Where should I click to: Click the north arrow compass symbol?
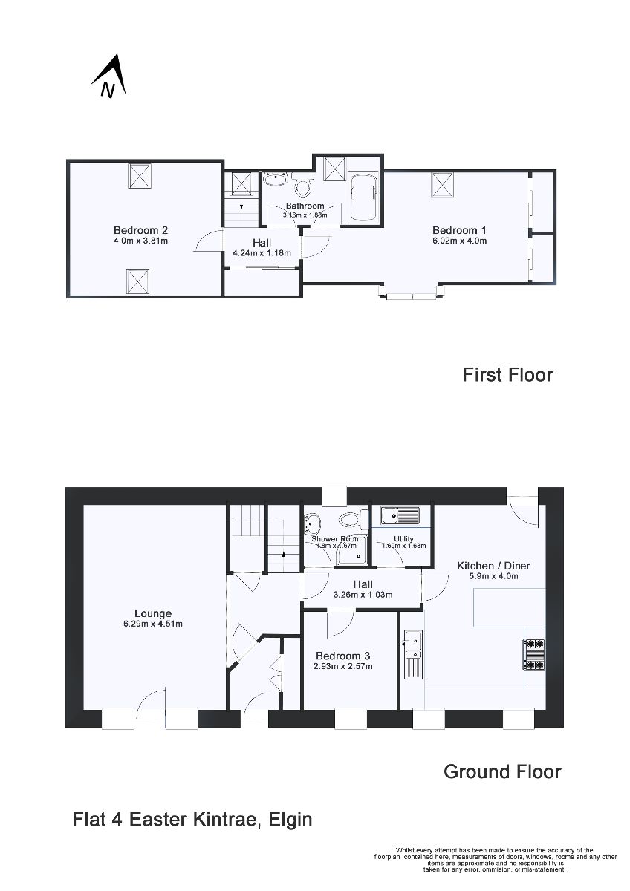(108, 76)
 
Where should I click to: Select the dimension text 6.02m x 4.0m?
(459, 241)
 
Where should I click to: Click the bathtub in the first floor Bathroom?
(363, 198)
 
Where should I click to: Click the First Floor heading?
(507, 374)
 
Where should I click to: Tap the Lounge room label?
(153, 613)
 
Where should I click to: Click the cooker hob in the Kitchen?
(534, 655)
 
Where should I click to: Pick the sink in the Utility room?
(400, 515)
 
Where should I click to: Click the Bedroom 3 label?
(342, 656)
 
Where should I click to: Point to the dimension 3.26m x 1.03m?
(363, 595)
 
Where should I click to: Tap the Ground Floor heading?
(502, 771)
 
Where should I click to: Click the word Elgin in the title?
(290, 820)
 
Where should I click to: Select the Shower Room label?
(336, 539)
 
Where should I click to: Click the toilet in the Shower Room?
(347, 518)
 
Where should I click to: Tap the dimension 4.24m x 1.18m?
(262, 253)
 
